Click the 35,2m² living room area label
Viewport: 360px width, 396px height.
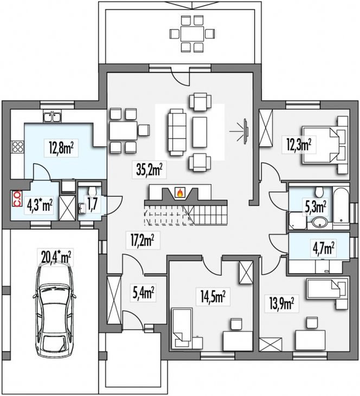[x=149, y=170]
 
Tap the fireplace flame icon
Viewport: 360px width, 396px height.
[x=180, y=193]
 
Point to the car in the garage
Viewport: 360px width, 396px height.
[x=54, y=311]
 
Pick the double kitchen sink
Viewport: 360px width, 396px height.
[x=53, y=118]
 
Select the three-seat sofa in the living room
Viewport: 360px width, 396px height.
[x=176, y=132]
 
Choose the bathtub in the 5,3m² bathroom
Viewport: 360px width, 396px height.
[x=340, y=205]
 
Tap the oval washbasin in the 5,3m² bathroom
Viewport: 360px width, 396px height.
[x=319, y=223]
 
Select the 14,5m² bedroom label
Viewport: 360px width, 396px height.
[x=213, y=296]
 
